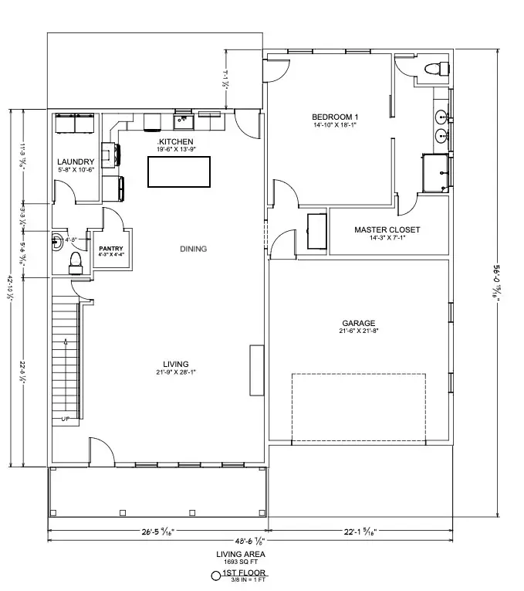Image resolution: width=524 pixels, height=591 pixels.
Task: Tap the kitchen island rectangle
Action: pyautogui.click(x=180, y=171)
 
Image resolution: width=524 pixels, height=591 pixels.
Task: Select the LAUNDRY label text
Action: pyautogui.click(x=76, y=162)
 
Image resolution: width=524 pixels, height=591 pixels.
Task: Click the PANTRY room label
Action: pyautogui.click(x=111, y=248)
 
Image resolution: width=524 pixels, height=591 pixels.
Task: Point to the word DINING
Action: pyautogui.click(x=193, y=249)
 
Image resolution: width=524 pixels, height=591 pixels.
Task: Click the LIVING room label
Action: pyautogui.click(x=176, y=364)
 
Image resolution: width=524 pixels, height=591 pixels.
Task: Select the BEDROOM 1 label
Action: pyautogui.click(x=336, y=117)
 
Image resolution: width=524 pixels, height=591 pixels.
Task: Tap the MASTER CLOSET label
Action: pyautogui.click(x=387, y=229)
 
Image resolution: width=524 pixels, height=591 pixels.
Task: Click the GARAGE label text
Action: pyautogui.click(x=359, y=323)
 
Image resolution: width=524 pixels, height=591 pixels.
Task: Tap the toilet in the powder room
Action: pyautogui.click(x=76, y=262)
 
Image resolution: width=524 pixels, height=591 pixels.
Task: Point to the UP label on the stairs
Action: pyautogui.click(x=65, y=419)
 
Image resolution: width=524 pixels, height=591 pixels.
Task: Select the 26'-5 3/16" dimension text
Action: pyautogui.click(x=157, y=531)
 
